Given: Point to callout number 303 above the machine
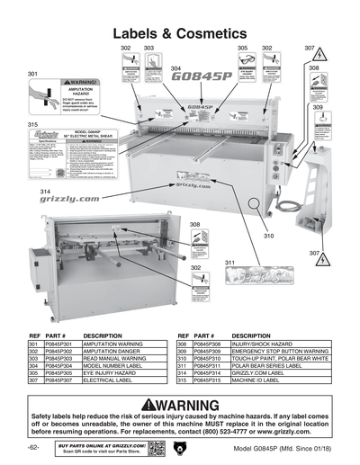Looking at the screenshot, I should click(148, 46).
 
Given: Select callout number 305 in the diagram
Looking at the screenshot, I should click(242, 46).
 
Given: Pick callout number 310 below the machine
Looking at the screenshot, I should click(267, 236).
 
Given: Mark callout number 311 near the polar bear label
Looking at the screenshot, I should click(229, 263).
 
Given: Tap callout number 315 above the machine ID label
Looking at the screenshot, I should click(33, 124).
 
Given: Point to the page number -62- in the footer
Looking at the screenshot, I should click(33, 447).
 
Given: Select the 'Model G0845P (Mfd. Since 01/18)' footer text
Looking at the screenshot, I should click(273, 448).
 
